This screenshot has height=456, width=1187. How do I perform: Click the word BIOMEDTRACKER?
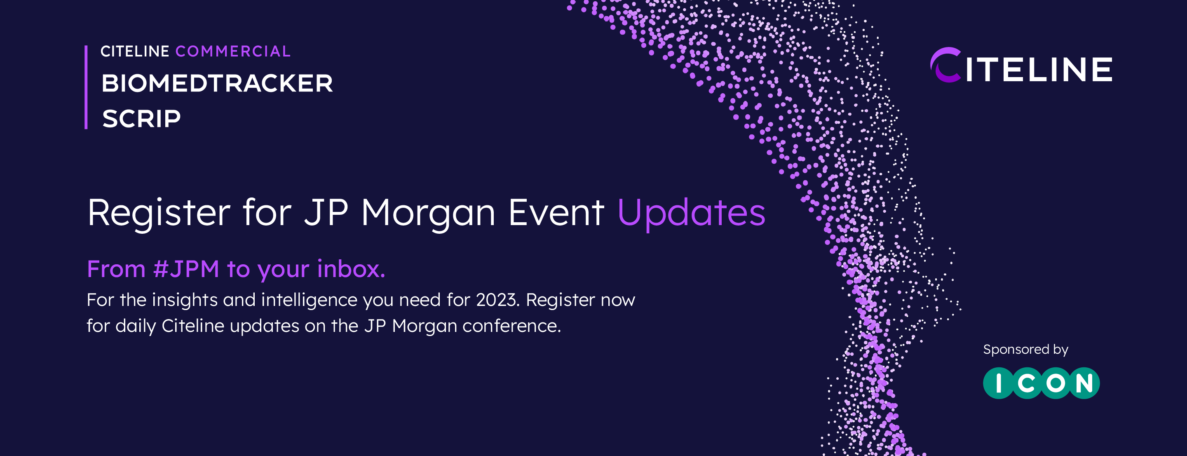click(217, 83)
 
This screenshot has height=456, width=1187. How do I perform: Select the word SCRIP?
click(141, 119)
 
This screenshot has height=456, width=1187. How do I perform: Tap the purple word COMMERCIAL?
click(233, 51)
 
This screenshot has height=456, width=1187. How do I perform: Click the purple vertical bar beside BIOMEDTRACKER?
click(86, 87)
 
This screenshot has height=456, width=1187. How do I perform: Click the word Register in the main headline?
click(159, 213)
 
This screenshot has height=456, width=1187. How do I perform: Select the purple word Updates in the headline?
click(691, 213)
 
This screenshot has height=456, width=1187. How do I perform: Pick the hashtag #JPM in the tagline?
click(186, 269)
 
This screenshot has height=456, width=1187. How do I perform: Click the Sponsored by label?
click(1026, 350)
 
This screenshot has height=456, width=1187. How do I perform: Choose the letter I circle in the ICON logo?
click(999, 383)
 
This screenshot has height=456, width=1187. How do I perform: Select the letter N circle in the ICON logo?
click(1084, 383)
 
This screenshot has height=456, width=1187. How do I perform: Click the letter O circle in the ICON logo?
click(1056, 383)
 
